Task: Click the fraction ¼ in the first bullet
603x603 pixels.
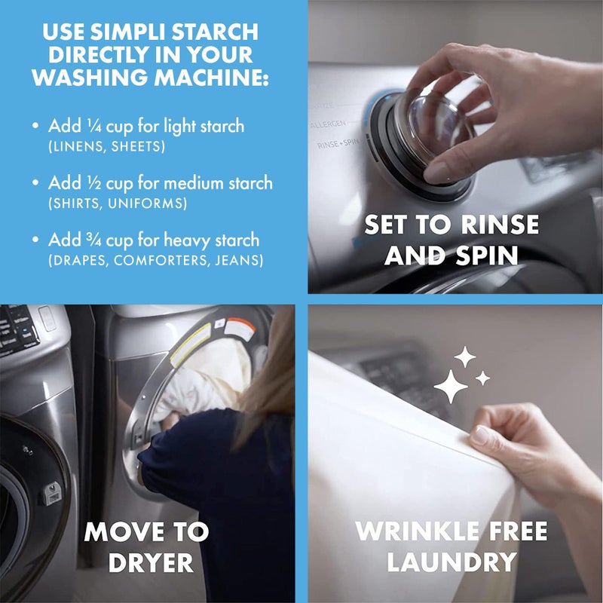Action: [83, 125]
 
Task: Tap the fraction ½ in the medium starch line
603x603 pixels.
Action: [83, 183]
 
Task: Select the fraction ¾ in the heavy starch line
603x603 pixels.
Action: [84, 241]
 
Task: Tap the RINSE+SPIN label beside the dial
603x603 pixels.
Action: [337, 143]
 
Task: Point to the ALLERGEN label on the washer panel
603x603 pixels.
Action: [328, 123]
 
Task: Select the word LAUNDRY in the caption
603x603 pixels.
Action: [451, 562]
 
